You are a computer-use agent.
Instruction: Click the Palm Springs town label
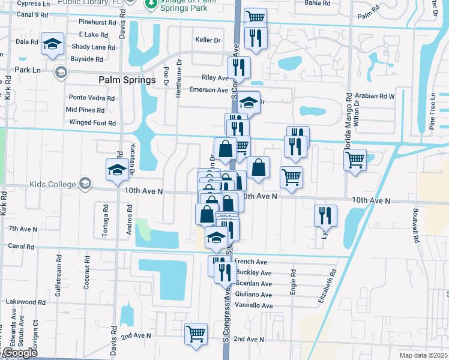click(127, 80)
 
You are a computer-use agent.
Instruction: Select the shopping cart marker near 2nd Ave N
click(196, 334)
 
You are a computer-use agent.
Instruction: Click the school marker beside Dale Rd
click(53, 44)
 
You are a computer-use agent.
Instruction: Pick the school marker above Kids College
click(117, 170)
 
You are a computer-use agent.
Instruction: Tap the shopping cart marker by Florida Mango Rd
click(355, 160)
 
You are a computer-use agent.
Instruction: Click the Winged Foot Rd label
click(92, 123)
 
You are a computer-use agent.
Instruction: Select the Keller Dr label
click(208, 40)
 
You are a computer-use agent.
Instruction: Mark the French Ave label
click(251, 262)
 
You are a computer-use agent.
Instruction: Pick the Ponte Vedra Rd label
click(92, 98)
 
